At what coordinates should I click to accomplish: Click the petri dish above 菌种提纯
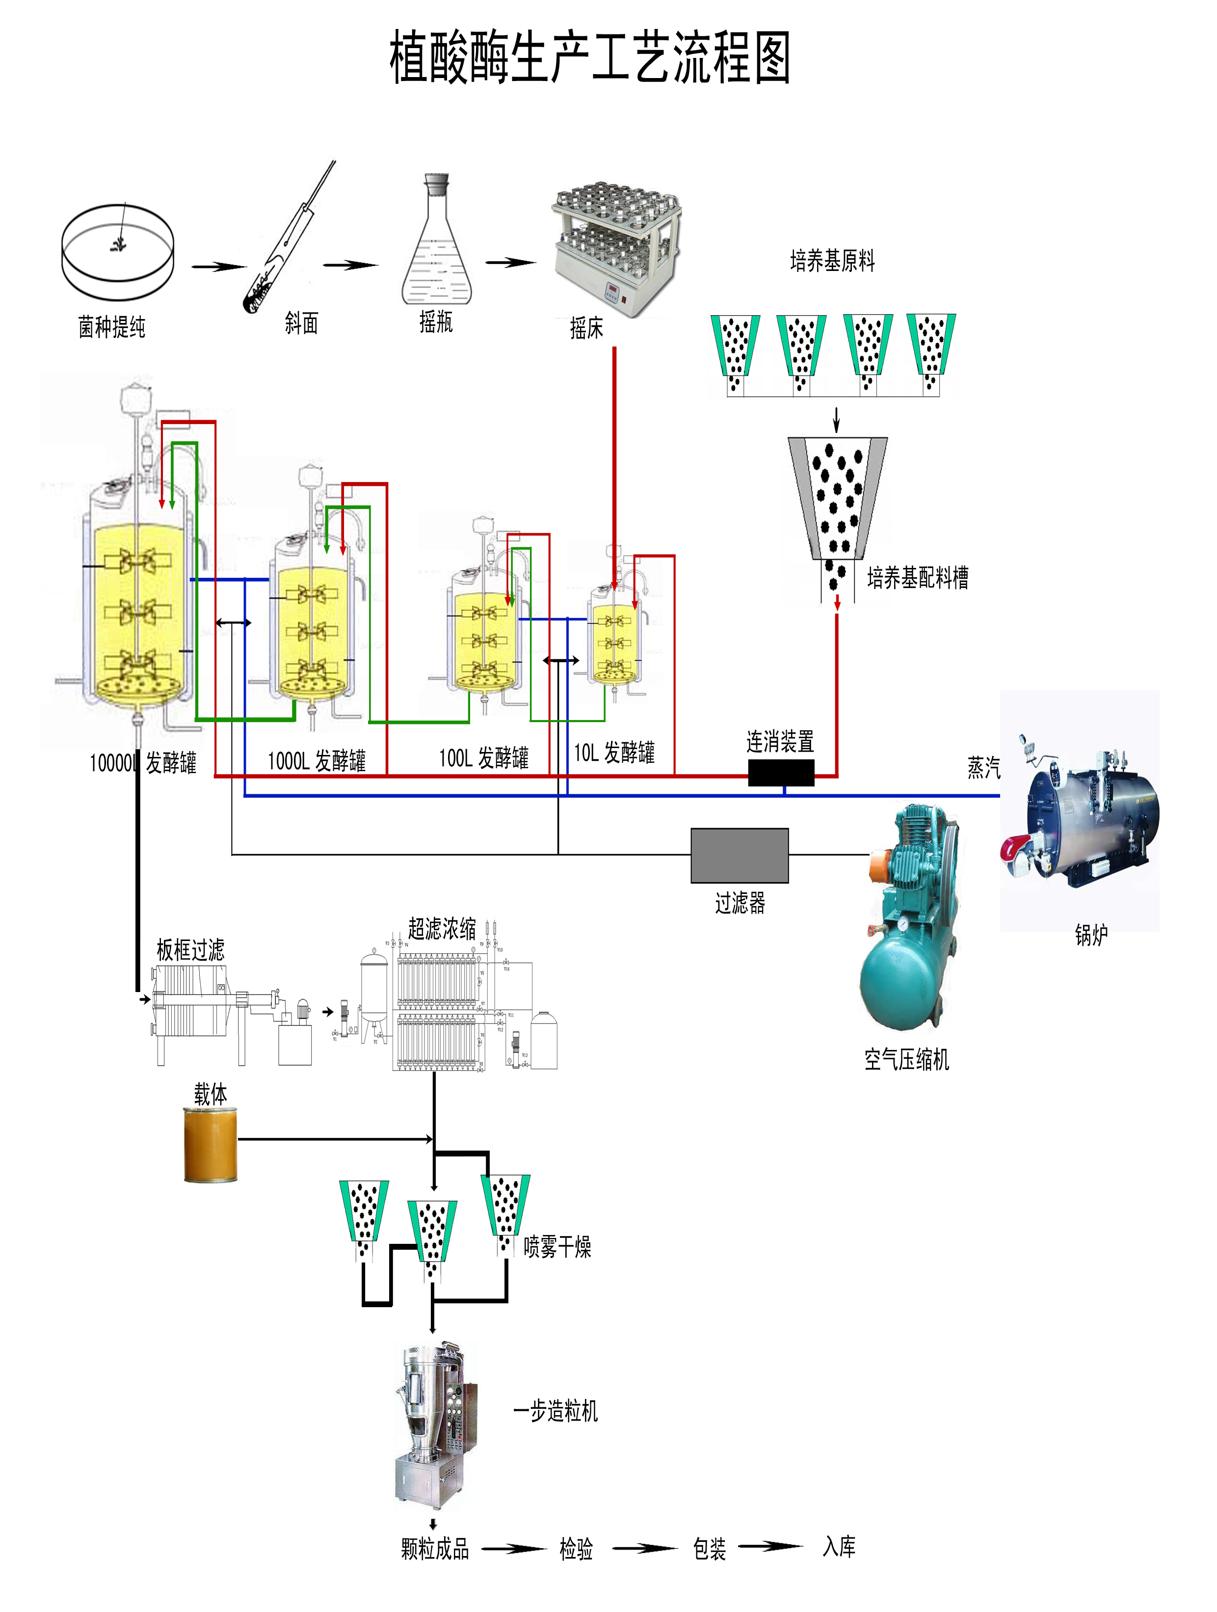pyautogui.click(x=117, y=251)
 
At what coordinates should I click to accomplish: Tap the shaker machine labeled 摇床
pyautogui.click(x=617, y=248)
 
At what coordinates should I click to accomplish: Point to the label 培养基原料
pyautogui.click(x=832, y=261)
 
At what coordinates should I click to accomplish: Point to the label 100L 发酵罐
pyautogui.click(x=483, y=758)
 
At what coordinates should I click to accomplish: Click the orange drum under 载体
pyautogui.click(x=211, y=1144)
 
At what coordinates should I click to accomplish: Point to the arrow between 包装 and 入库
pyautogui.click(x=770, y=1546)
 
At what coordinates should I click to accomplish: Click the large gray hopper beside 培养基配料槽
pyautogui.click(x=837, y=496)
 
